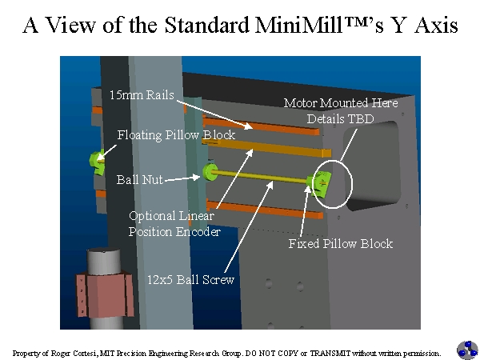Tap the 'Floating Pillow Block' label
click(176, 135)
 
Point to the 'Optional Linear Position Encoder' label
click(174, 223)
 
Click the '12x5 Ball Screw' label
click(190, 280)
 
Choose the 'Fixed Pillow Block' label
click(340, 243)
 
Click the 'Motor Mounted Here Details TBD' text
click(341, 110)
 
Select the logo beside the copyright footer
click(467, 350)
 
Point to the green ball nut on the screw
click(210, 171)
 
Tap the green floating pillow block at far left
click(99, 160)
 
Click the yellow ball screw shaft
click(264, 178)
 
